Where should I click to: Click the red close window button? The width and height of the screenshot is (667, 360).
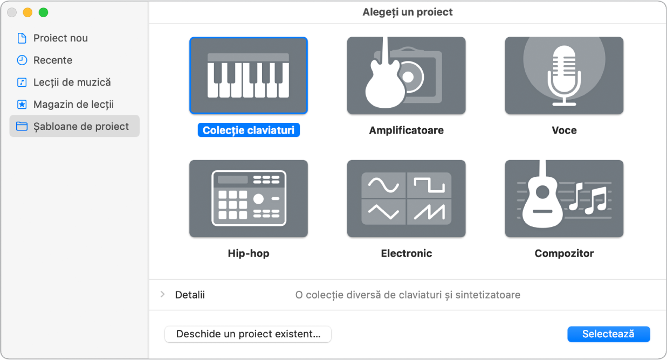coord(12,12)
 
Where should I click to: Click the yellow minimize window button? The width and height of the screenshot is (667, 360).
coord(27,12)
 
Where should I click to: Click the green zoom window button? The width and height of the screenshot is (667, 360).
coord(44,12)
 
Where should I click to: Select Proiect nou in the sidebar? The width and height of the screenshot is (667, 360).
coord(60,38)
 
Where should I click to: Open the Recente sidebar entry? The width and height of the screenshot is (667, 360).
coord(53,60)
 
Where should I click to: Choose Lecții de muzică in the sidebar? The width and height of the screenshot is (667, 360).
coord(72,82)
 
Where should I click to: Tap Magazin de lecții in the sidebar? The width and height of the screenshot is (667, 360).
coord(73,105)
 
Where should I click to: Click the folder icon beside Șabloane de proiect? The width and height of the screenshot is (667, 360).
coord(22,126)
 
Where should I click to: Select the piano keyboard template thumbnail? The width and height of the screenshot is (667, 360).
coord(249,75)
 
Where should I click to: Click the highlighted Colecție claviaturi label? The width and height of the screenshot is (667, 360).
coord(249,130)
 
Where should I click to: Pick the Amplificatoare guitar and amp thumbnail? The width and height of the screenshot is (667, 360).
coord(406,75)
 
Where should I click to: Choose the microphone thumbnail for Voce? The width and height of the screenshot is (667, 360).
coord(564,75)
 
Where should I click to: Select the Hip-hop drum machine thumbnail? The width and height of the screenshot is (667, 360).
coord(249,198)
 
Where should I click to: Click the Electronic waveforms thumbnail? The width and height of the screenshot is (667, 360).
coord(406,198)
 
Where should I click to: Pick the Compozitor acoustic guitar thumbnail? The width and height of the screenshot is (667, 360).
coord(564,198)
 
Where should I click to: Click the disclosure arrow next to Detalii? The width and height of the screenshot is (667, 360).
coord(163,295)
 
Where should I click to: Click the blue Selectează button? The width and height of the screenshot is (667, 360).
coord(609,334)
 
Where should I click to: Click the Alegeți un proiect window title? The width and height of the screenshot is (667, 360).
coord(407,12)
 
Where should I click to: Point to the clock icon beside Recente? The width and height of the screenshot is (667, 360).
coord(22,60)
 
